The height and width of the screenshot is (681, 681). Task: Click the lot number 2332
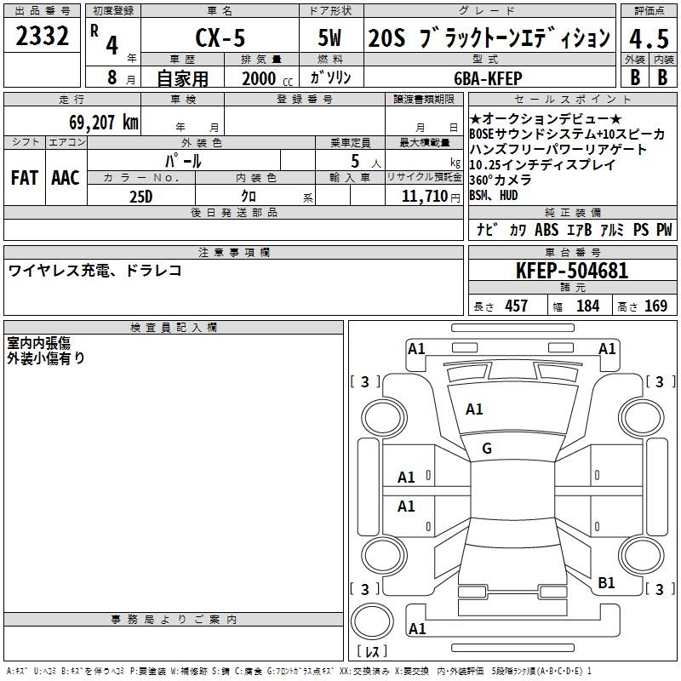pyautogui.click(x=42, y=36)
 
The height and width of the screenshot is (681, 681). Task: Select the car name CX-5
pyautogui.click(x=220, y=37)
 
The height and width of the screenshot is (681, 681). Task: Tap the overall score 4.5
pyautogui.click(x=649, y=38)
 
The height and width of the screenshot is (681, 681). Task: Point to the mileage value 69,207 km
pyautogui.click(x=104, y=123)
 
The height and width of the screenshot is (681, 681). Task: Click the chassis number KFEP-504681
pyautogui.click(x=572, y=270)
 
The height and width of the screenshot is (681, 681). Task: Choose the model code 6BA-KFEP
pyautogui.click(x=488, y=78)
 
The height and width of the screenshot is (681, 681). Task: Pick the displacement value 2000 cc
pyautogui.click(x=267, y=79)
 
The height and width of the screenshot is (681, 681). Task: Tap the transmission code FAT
pyautogui.click(x=25, y=178)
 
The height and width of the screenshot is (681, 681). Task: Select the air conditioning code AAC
pyautogui.click(x=66, y=178)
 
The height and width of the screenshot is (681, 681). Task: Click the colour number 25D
pyautogui.click(x=141, y=197)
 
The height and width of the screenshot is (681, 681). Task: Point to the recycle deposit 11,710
pyautogui.click(x=424, y=197)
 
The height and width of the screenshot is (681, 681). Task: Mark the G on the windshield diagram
pyautogui.click(x=487, y=449)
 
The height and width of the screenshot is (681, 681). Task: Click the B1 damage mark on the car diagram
pyautogui.click(x=606, y=582)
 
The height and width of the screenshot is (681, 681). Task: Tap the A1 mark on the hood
pyautogui.click(x=474, y=409)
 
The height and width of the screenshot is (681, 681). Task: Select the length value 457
pyautogui.click(x=517, y=306)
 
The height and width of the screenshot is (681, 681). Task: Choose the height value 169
pyautogui.click(x=655, y=306)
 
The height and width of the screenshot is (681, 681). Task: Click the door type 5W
pyautogui.click(x=329, y=37)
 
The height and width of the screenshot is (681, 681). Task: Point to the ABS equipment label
pyautogui.click(x=547, y=229)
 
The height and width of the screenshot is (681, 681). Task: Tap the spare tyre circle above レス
pyautogui.click(x=372, y=621)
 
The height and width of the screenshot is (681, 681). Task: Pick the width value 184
pyautogui.click(x=588, y=306)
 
